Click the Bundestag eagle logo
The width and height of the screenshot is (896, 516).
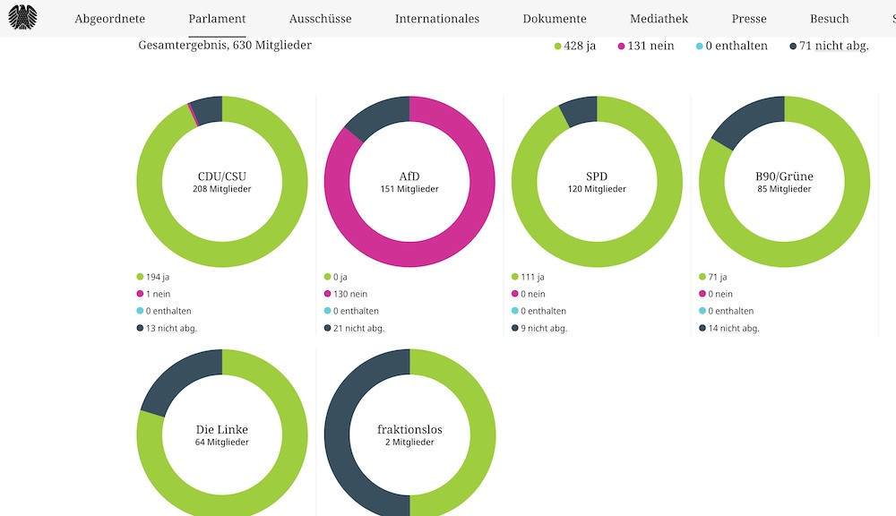[22, 17]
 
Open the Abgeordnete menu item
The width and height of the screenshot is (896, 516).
[109, 19]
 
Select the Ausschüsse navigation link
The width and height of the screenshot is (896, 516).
[320, 19]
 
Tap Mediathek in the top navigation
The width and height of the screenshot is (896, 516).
[659, 19]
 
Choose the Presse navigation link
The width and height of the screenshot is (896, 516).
[748, 19]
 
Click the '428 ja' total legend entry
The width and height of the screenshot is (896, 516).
[574, 46]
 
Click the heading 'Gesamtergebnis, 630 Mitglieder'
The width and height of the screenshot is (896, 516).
[225, 45]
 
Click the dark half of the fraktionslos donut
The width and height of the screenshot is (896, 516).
[338, 430]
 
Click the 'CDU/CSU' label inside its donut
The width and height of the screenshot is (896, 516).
[222, 176]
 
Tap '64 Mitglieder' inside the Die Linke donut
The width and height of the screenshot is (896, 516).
[222, 443]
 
